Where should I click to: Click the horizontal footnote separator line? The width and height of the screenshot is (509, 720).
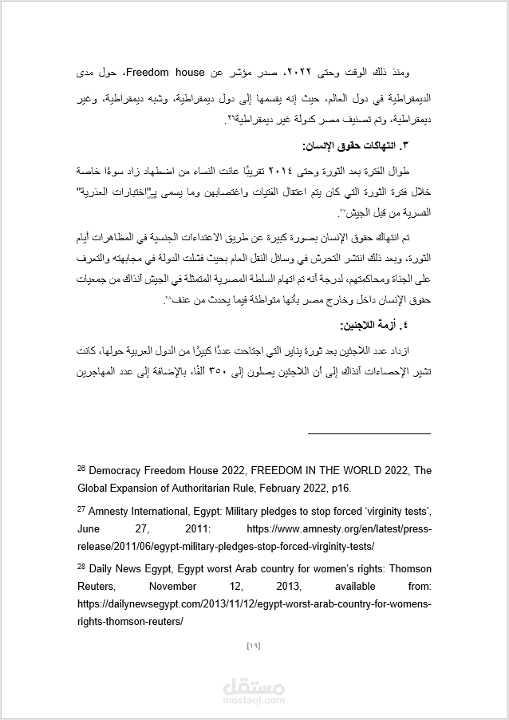[x=369, y=434]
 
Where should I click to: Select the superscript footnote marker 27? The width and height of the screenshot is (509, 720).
[x=81, y=508]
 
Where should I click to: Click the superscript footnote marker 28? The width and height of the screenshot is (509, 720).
[x=81, y=566]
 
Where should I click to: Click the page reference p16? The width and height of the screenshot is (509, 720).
[x=337, y=488]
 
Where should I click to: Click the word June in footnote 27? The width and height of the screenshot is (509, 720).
[x=90, y=528]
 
